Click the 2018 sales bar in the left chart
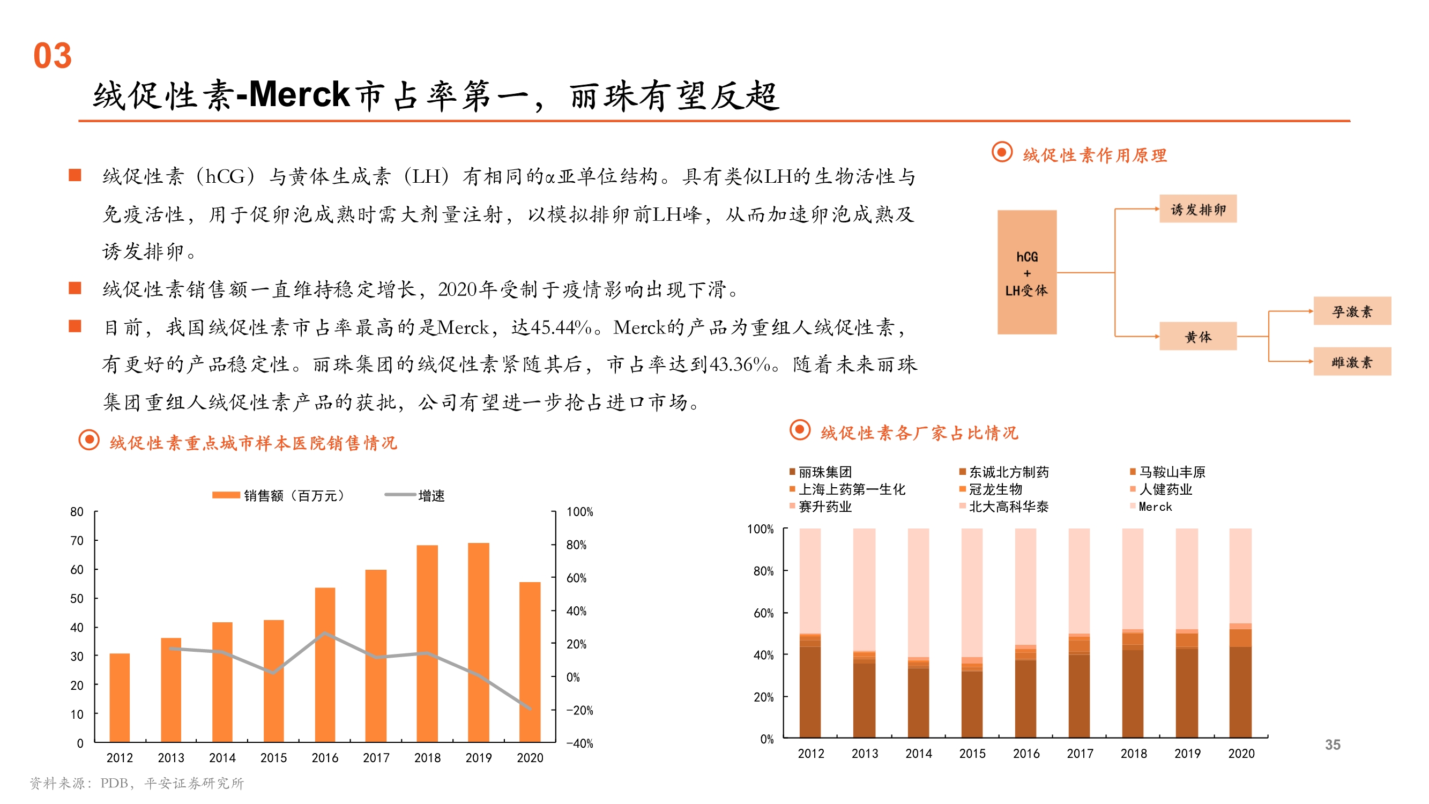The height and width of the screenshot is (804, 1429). coord(427,644)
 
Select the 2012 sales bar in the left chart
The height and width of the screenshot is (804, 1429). coord(120,697)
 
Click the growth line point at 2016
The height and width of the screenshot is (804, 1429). coord(325,633)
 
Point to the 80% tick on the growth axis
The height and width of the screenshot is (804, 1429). coord(576,545)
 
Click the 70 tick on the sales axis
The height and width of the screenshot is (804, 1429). coord(77,540)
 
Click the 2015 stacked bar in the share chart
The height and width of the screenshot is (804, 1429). coord(972,632)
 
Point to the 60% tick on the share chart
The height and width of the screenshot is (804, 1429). coord(763,613)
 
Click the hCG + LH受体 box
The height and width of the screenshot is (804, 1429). coord(1027,272)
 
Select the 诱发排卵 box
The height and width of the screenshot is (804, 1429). coord(1197,209)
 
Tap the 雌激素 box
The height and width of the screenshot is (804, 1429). coord(1351,362)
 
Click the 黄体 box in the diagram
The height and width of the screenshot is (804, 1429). coord(1197,336)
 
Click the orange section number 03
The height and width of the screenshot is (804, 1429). coord(53,56)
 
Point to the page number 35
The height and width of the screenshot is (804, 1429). coord(1333,745)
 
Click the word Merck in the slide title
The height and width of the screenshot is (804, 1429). coord(299,94)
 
